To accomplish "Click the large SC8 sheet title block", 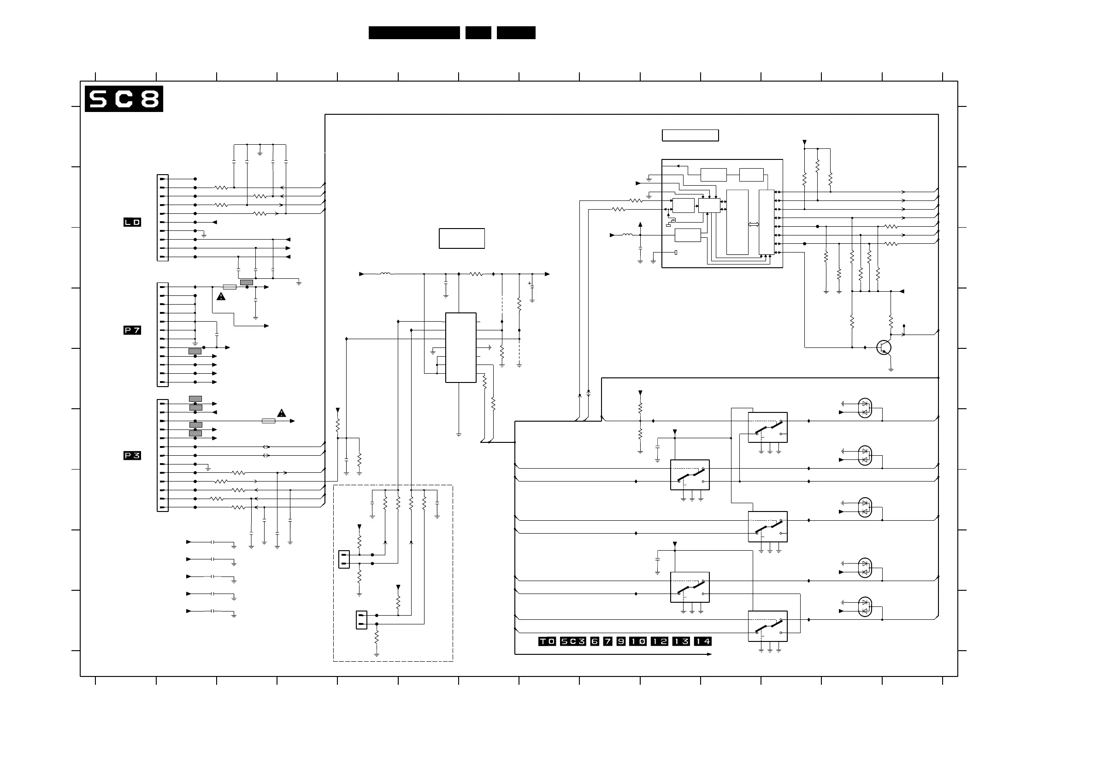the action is tap(124, 99).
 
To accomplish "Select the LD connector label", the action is tap(132, 222).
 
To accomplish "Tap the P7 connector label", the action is tap(132, 330).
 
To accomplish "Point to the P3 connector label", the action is tap(132, 456).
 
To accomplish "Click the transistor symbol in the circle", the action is tap(884, 347).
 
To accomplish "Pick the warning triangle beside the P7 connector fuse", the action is tap(221, 297).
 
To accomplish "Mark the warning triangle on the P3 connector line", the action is tap(282, 413).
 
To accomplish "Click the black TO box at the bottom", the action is tap(547, 641).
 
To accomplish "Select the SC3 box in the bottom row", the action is tap(573, 641).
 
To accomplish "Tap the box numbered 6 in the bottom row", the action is tap(595, 641).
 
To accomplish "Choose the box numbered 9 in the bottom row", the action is tap(621, 641).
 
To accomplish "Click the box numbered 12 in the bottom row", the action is tap(660, 641).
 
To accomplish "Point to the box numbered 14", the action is tap(702, 641).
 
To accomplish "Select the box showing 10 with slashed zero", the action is tap(638, 641).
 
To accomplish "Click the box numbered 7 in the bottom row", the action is tap(607, 641).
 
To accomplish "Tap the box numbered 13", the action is tap(681, 641).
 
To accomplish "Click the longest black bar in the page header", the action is tap(414, 33).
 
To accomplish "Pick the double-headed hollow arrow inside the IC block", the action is tap(754, 224).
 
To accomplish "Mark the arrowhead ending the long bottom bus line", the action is tap(709, 654).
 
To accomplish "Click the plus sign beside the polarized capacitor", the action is tap(529, 283).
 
